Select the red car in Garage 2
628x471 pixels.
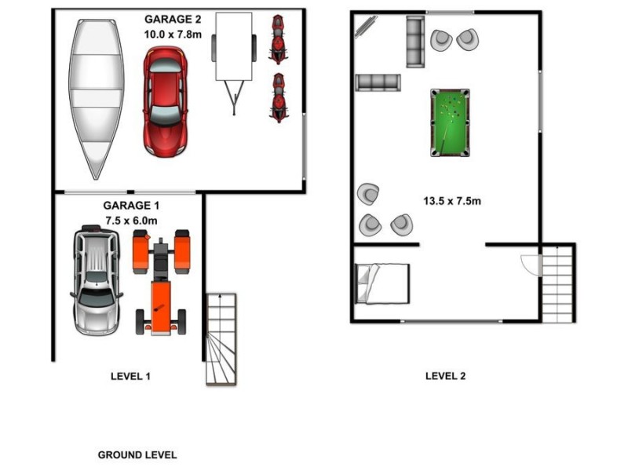click(165, 100)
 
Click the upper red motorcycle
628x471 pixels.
click(277, 39)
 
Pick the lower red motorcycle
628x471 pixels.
click(278, 97)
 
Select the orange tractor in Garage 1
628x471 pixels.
click(161, 280)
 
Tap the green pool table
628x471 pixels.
click(450, 122)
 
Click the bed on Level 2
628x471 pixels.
click(382, 283)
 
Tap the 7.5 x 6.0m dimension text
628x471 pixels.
click(131, 221)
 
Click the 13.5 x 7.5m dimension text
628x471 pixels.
click(452, 201)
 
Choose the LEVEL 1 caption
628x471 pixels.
click(130, 376)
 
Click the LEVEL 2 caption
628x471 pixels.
click(445, 376)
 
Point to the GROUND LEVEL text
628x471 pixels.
click(137, 455)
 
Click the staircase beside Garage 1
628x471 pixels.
click(221, 338)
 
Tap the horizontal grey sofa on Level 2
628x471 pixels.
click(378, 82)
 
